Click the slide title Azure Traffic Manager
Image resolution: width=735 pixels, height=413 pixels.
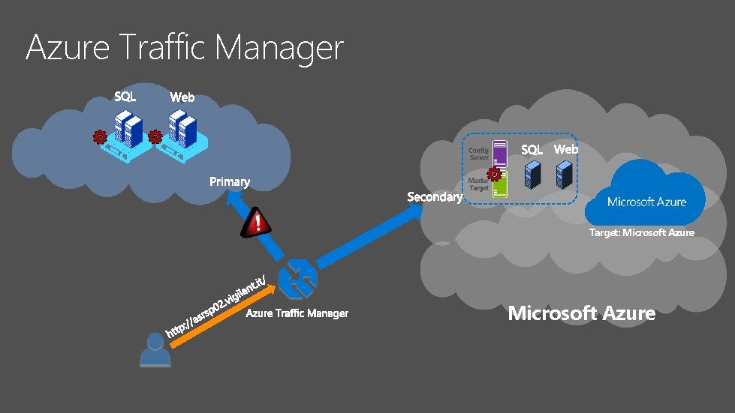(184, 48)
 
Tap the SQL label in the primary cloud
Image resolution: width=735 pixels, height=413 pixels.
(125, 96)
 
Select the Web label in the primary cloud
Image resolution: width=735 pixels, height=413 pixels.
(182, 97)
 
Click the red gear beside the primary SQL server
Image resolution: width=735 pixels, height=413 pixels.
(98, 136)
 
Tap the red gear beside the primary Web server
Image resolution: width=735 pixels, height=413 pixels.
(155, 136)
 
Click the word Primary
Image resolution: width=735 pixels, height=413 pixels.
(229, 182)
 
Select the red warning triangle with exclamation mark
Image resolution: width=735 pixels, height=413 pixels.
(257, 223)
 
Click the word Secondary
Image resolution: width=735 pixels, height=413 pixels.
(434, 196)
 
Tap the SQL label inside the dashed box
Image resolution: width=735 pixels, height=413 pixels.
(532, 150)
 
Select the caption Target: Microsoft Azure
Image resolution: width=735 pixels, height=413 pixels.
(641, 232)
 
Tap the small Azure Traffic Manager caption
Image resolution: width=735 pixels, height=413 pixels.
(297, 313)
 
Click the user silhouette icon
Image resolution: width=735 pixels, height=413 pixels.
(155, 350)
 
